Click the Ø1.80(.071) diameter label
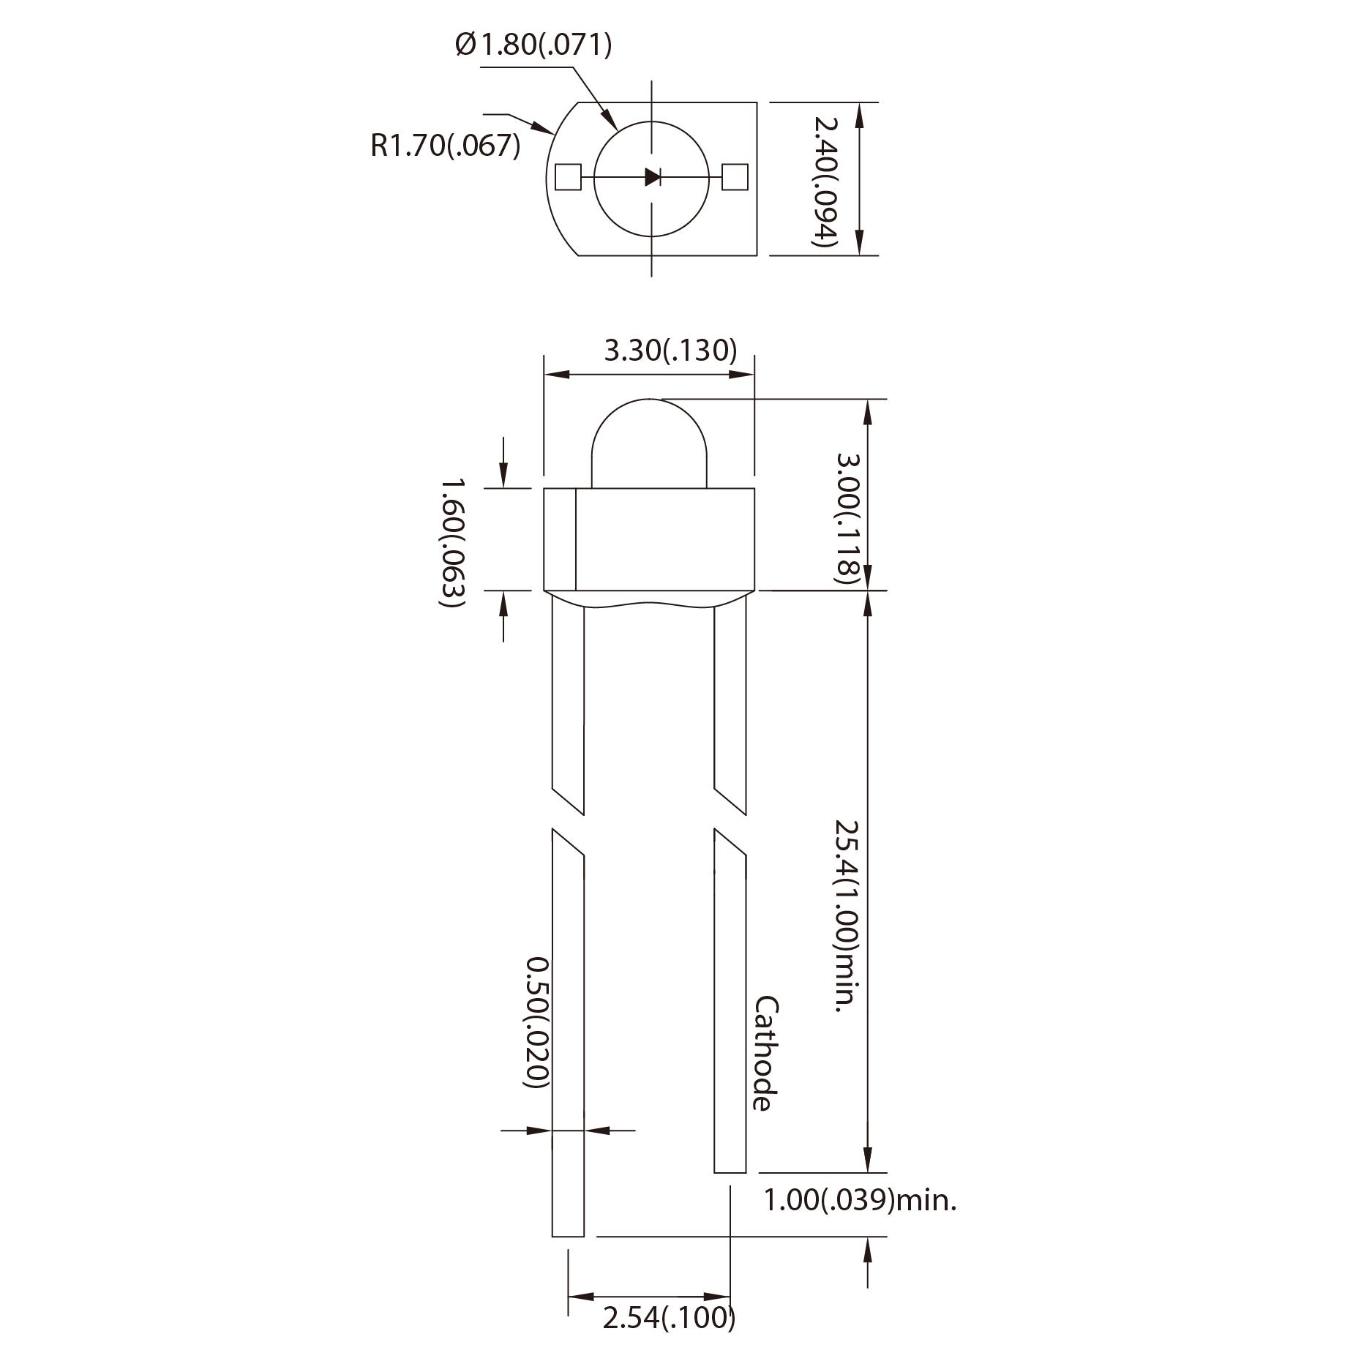[x=533, y=45]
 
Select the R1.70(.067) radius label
[x=445, y=145]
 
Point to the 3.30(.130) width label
[x=670, y=351]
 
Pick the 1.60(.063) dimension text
[x=452, y=543]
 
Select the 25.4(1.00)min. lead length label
[x=847, y=915]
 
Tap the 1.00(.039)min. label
[x=860, y=1201]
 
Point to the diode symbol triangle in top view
[x=652, y=176]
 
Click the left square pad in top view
[x=568, y=177]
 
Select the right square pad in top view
[x=735, y=176]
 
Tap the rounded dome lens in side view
[x=649, y=443]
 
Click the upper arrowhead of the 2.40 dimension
[x=860, y=111]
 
